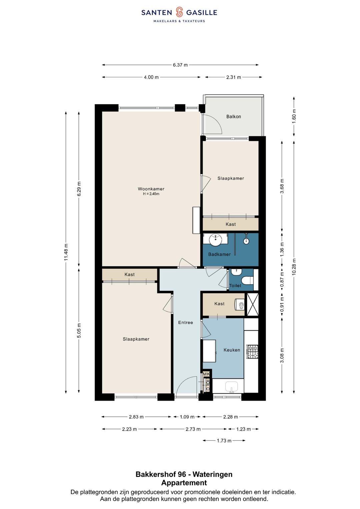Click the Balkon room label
click(x=233, y=117)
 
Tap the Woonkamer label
click(x=151, y=189)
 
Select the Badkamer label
click(x=219, y=254)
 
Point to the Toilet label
click(x=235, y=286)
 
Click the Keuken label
click(x=232, y=350)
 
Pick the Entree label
click(x=185, y=322)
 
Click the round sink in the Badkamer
click(x=215, y=240)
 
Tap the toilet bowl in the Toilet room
click(x=247, y=280)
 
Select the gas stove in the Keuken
click(x=253, y=352)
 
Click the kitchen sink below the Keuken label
click(x=231, y=387)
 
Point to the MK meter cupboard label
click(x=206, y=374)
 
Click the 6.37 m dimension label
click(x=180, y=65)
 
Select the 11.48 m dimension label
click(x=66, y=252)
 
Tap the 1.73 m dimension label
click(x=224, y=441)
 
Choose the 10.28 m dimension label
click(x=294, y=267)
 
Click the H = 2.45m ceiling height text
click(x=151, y=194)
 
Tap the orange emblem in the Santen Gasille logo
click(x=179, y=12)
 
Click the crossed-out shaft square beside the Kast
click(x=253, y=304)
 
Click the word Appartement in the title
click(x=184, y=483)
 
